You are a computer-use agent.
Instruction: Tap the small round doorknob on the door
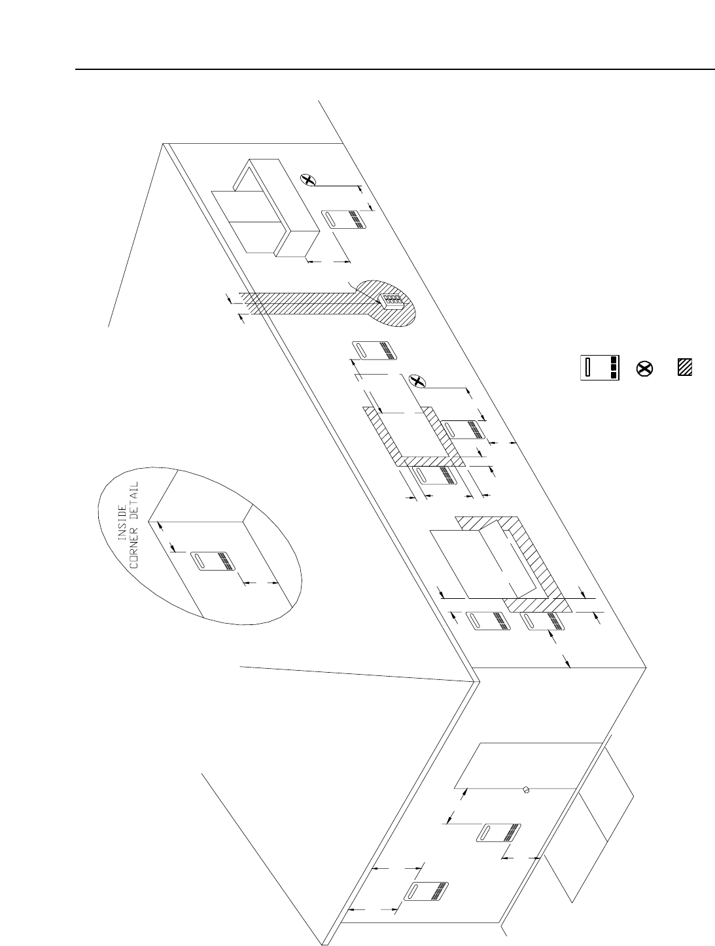coord(525,790)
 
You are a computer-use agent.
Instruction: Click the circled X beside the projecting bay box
coord(307,178)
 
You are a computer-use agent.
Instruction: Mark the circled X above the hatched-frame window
coord(415,380)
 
